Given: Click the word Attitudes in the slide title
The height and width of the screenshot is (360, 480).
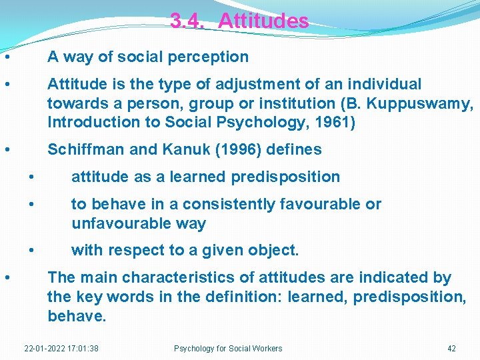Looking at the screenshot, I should point(263,21).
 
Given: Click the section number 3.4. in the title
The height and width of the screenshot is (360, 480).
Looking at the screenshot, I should point(187,21).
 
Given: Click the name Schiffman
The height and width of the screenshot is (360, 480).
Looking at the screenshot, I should point(87,150).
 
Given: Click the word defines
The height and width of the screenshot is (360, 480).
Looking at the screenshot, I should point(294,150).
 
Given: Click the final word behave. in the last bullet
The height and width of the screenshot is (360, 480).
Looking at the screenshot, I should point(77,316).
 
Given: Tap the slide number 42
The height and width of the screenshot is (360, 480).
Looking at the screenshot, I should point(451,348).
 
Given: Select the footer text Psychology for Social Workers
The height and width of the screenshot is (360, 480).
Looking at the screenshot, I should point(228,348).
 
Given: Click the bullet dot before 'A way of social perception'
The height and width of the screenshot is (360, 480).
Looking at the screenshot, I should point(6,57).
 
